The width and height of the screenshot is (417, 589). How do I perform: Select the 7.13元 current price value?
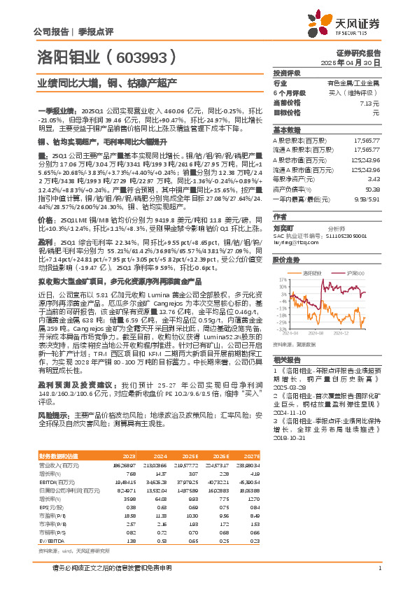[x=372, y=102]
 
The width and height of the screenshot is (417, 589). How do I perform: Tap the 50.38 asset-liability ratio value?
[x=372, y=189]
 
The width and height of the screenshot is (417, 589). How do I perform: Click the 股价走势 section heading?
[x=287, y=259]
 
